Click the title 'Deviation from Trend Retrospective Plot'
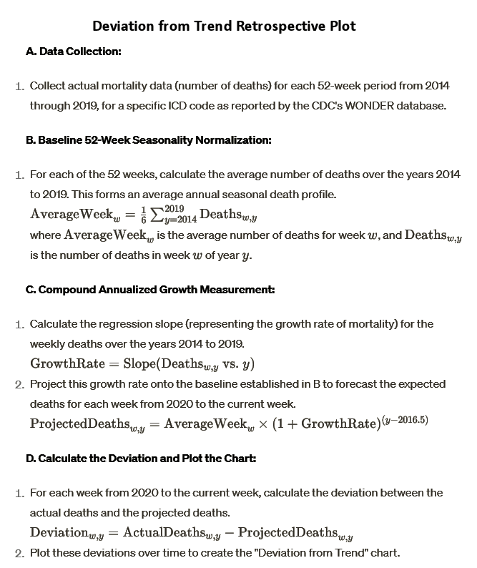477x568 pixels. pos(224,26)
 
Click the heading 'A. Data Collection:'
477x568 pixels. pos(73,52)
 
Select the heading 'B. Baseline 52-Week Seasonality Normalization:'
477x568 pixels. pos(148,139)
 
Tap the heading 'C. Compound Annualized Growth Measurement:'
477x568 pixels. pos(150,290)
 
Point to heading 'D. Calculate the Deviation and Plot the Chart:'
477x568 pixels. pos(141,458)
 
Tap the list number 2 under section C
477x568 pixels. pos(19,385)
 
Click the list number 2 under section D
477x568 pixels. pos(19,553)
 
